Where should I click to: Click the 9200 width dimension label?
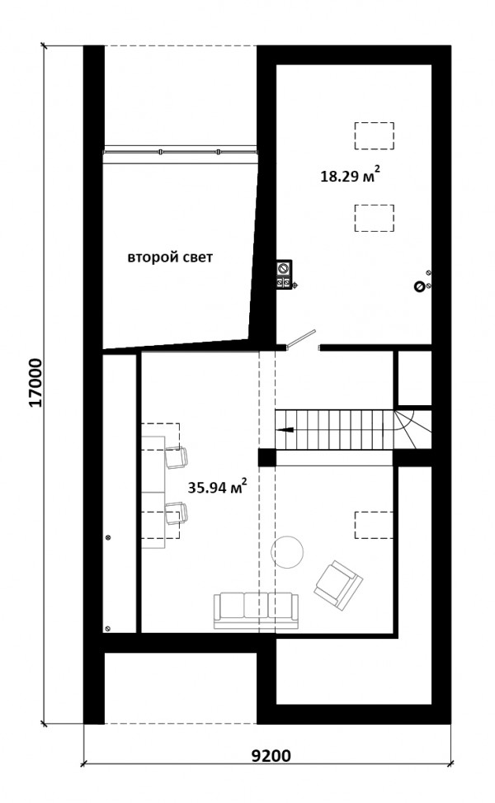click(271, 755)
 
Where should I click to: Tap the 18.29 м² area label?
click(350, 176)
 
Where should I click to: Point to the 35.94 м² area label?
click(218, 487)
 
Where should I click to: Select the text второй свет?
click(170, 257)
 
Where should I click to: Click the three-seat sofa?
click(256, 611)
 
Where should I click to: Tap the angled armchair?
click(338, 585)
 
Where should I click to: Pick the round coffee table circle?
click(287, 551)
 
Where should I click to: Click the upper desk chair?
click(176, 457)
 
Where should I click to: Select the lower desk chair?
click(176, 513)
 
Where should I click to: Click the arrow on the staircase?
click(285, 430)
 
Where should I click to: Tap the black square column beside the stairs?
click(266, 457)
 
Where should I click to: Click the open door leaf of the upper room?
click(300, 338)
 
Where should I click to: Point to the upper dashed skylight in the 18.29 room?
click(375, 135)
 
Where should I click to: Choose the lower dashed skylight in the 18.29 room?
click(375, 218)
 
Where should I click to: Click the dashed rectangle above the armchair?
click(375, 525)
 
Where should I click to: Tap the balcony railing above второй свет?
click(180, 152)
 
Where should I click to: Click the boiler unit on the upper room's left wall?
click(284, 276)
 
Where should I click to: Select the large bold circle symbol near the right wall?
click(419, 287)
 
